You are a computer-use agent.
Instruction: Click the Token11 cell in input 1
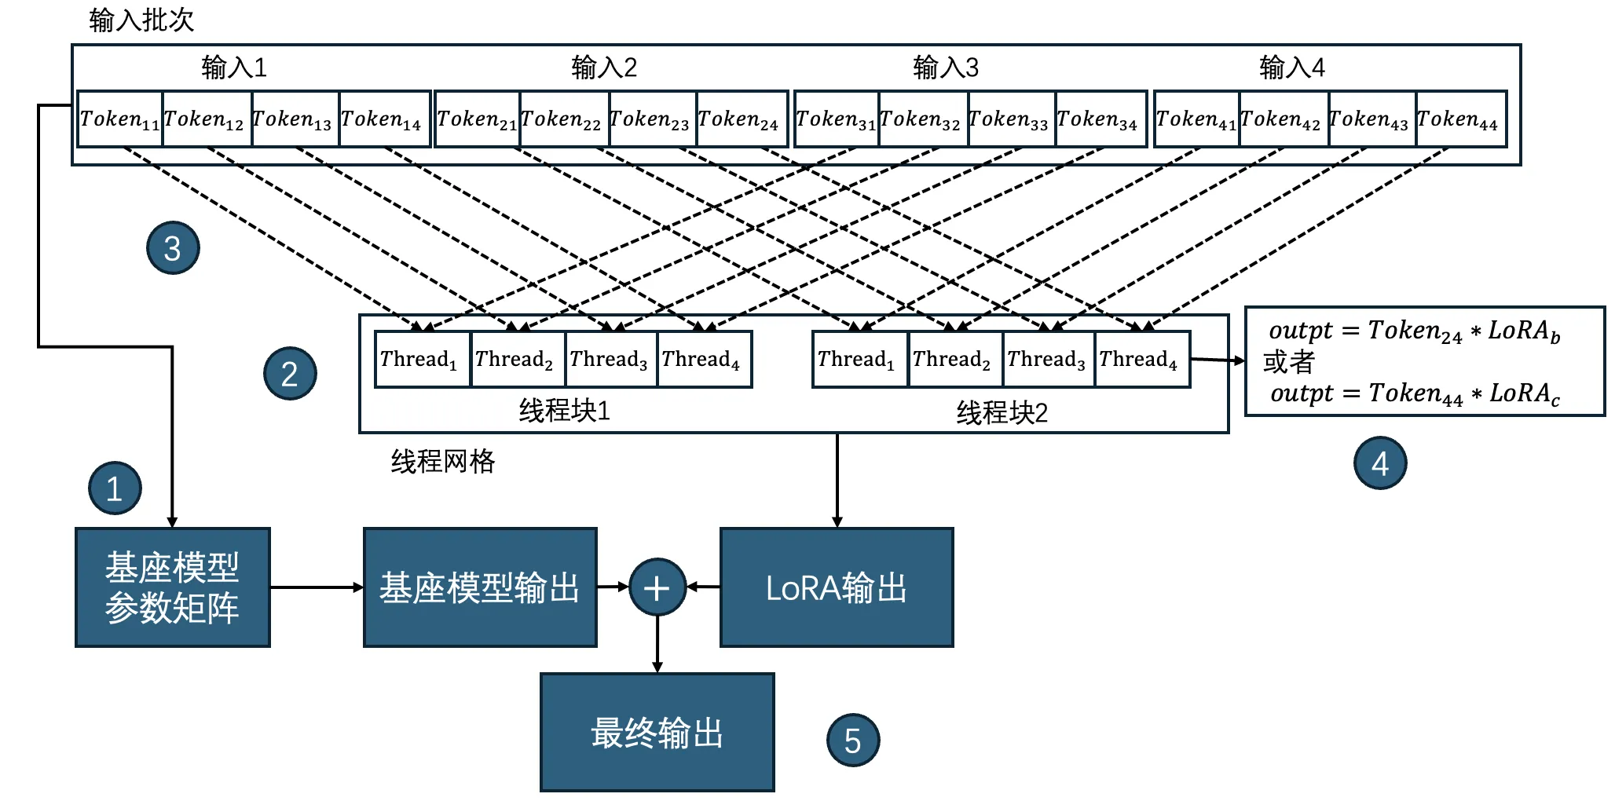(119, 119)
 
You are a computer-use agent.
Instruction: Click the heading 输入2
(603, 68)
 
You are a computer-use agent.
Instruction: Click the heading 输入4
(1291, 68)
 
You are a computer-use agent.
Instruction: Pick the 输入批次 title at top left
(141, 20)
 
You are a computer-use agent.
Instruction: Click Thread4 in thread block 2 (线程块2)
(1140, 360)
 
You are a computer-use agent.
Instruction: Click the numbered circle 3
(173, 248)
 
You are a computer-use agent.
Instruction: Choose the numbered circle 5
(852, 740)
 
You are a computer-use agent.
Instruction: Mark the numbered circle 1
(115, 488)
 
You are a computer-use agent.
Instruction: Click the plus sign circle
(657, 587)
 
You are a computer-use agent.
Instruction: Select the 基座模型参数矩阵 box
(172, 587)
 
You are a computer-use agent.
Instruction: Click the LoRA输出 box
(837, 587)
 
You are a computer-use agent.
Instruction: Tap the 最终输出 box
(657, 732)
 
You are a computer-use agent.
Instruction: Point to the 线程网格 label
(443, 461)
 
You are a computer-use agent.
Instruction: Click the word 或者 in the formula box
(1288, 362)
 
